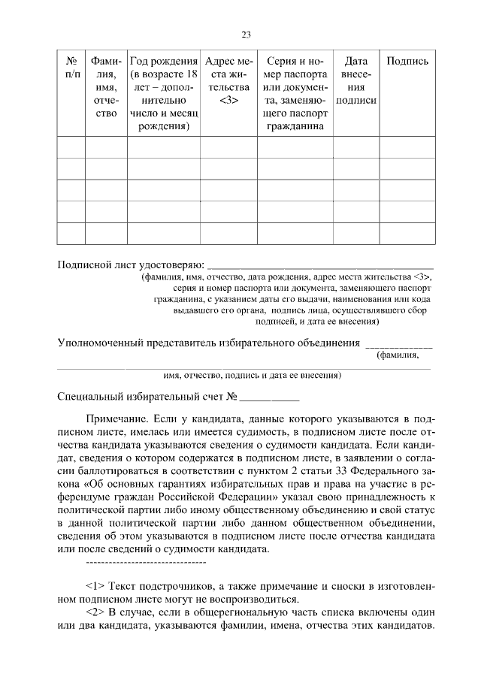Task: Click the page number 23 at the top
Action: [245, 34]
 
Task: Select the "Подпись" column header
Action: [407, 62]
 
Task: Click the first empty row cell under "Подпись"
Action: [407, 147]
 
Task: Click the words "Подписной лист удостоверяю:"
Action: [131, 265]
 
